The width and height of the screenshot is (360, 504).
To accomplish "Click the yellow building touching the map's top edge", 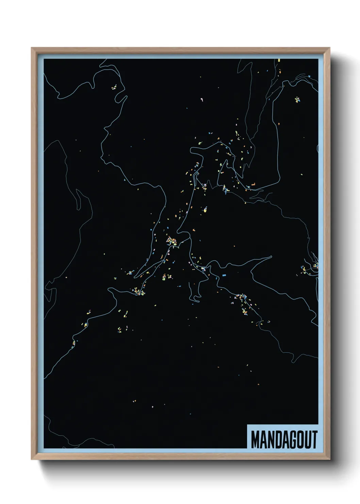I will click(279, 60).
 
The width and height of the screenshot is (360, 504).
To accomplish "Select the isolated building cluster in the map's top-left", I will click(114, 87).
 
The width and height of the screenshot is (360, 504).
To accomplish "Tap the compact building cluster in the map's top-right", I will click(298, 100).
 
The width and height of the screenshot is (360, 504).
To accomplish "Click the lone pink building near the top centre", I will click(203, 100).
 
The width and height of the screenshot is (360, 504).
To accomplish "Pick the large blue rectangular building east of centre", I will click(224, 274).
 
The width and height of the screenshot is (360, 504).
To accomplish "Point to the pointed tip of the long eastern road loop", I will click(271, 257).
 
